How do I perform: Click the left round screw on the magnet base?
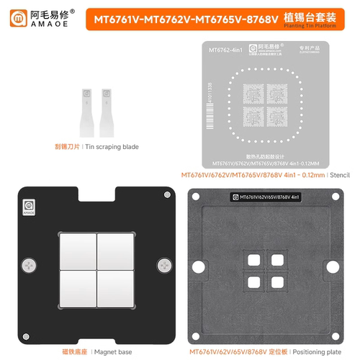(30, 264)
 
